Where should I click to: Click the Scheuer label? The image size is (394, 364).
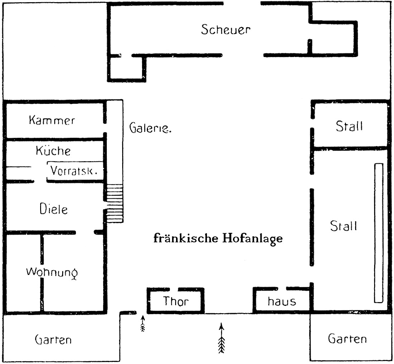[x=225, y=30]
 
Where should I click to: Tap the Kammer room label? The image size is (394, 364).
[x=52, y=120]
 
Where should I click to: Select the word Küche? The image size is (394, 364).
[x=53, y=151]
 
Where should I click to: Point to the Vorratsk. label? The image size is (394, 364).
[x=74, y=171]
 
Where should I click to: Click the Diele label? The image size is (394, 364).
[x=53, y=209]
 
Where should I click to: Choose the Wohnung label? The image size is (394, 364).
[x=52, y=273]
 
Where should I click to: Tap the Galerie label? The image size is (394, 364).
[x=150, y=128]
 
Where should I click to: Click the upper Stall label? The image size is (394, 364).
[x=349, y=126]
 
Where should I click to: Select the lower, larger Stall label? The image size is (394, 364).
[x=343, y=226]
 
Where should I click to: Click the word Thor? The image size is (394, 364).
[x=176, y=301]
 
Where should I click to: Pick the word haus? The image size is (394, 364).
[x=281, y=301]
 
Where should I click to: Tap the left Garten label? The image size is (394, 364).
[x=53, y=339]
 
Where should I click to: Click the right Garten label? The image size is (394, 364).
[x=347, y=338]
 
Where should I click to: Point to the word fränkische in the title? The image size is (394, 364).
[x=186, y=238]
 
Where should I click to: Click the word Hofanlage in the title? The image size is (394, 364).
[x=252, y=239]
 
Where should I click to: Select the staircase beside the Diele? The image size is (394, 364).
[x=115, y=203]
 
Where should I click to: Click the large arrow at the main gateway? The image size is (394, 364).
[x=221, y=338]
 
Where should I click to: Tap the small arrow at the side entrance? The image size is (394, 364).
[x=143, y=323]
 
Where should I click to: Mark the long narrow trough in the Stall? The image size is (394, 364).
[x=379, y=233]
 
